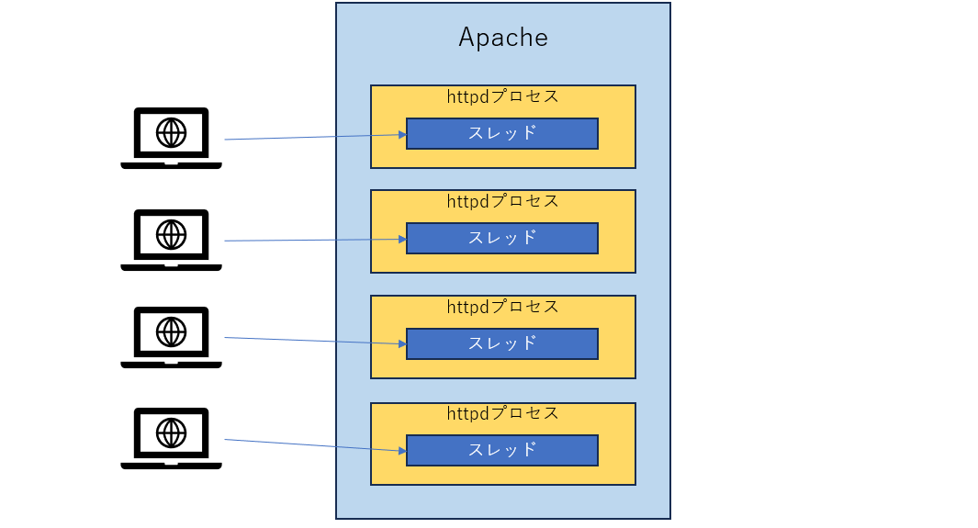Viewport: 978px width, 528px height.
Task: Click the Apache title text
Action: tap(502, 38)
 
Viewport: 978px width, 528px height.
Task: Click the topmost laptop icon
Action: tap(171, 138)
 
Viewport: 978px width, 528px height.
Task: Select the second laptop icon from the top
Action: tap(171, 240)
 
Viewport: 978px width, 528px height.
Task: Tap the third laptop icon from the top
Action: tap(171, 337)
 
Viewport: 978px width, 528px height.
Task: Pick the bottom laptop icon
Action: tap(171, 438)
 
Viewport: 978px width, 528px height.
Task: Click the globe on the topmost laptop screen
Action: tap(171, 132)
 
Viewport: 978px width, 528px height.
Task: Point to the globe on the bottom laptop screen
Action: tap(171, 432)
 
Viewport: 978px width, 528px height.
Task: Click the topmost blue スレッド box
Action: tap(502, 133)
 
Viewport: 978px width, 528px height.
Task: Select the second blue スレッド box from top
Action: tap(502, 238)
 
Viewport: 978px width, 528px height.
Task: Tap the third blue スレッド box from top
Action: tap(502, 343)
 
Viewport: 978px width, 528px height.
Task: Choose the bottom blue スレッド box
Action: tap(502, 450)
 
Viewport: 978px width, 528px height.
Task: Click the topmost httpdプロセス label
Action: tap(502, 96)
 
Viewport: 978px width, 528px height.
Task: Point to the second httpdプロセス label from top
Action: tap(502, 201)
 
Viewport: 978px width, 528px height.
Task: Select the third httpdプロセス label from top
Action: tap(502, 307)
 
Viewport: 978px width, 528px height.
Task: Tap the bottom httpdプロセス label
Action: tap(502, 413)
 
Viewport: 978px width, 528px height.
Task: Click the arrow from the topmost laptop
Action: tap(312, 137)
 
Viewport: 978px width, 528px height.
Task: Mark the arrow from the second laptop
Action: tap(312, 240)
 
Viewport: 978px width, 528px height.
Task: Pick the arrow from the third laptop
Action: tap(312, 341)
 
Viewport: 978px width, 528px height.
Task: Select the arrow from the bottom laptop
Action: tap(312, 445)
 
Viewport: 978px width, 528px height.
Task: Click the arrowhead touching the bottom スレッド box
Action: tap(402, 451)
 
